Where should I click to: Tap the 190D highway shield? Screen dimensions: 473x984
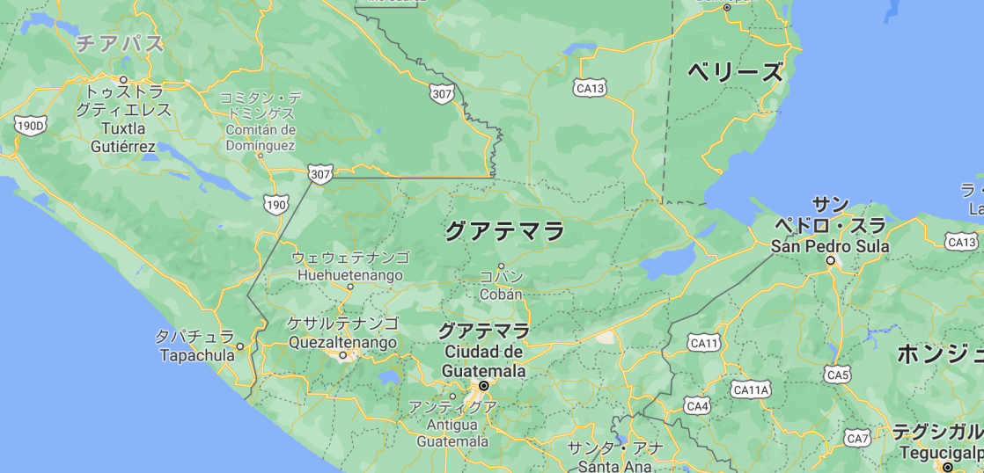(29, 127)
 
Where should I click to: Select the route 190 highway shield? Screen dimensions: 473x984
(275, 205)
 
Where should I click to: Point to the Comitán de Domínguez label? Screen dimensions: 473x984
(260, 137)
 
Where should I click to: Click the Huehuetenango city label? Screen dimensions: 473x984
(349, 275)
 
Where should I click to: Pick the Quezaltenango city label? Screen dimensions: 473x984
(341, 343)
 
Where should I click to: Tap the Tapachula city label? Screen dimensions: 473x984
(197, 355)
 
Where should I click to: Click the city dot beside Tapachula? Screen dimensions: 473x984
(239, 346)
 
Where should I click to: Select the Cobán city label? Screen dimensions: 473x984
(501, 295)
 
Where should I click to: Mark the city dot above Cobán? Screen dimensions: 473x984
(501, 266)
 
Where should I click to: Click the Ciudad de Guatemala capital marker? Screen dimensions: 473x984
(483, 386)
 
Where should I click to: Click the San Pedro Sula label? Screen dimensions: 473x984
(830, 246)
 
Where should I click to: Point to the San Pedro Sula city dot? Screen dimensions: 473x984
(830, 261)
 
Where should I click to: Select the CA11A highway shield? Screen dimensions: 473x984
(751, 389)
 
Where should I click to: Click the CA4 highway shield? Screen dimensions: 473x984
(697, 405)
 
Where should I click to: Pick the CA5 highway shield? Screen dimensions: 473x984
(838, 375)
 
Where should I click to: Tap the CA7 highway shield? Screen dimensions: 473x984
(857, 438)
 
